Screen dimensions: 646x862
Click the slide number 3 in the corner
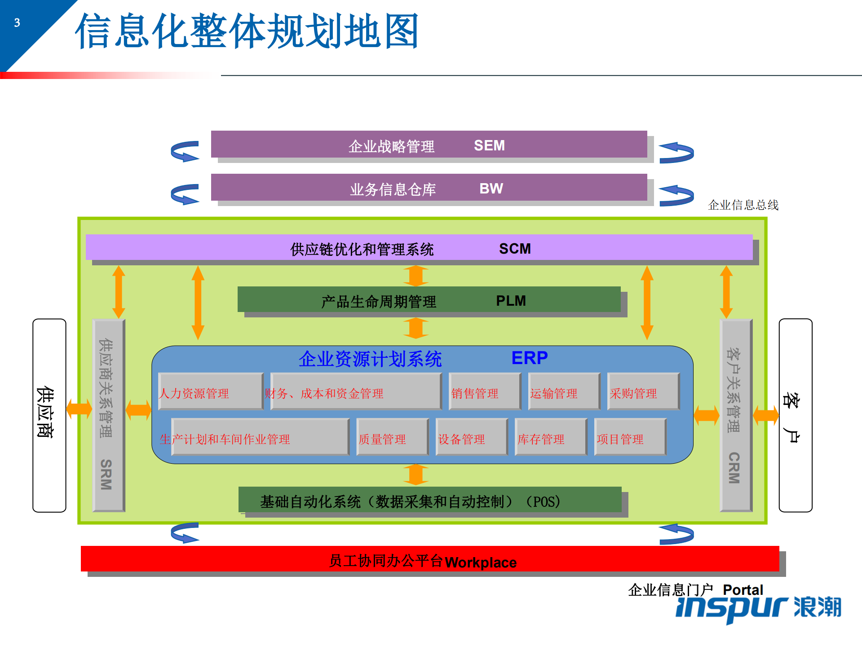17,23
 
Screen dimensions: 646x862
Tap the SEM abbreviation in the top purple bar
489,145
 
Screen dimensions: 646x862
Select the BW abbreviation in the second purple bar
491,189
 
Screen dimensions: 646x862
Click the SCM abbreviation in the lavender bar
515,249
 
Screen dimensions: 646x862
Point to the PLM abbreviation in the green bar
511,301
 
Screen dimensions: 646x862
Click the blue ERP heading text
529,358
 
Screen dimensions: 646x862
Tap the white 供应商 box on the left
49,415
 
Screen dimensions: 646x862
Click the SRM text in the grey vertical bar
106,474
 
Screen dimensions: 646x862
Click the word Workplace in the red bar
481,563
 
